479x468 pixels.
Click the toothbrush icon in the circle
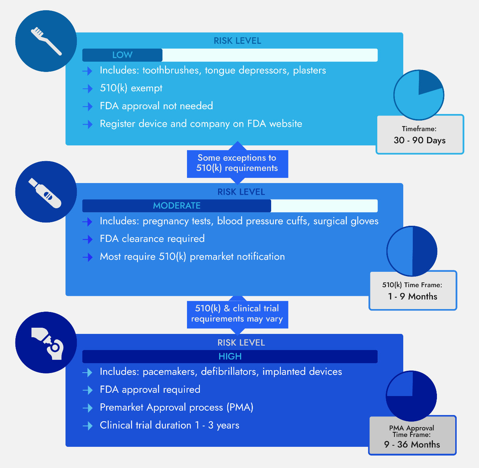point(46,41)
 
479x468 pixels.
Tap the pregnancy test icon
point(45,193)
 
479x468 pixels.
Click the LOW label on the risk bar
point(122,55)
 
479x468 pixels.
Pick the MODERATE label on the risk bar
point(177,206)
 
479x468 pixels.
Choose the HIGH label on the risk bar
point(230,356)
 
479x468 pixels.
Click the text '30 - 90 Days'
point(419,140)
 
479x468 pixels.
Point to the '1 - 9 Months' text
point(412,296)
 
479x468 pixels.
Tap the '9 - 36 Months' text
point(412,444)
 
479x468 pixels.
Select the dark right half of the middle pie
point(424,251)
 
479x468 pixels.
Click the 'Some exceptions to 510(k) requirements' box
point(237,163)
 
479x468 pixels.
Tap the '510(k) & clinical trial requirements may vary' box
point(237,314)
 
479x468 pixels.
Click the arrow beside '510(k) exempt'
point(87,89)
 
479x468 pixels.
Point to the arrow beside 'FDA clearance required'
point(87,239)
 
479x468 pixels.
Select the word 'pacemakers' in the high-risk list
point(169,372)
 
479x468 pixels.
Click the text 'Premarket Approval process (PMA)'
point(176,407)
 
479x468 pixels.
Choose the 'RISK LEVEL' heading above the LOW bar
point(237,41)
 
